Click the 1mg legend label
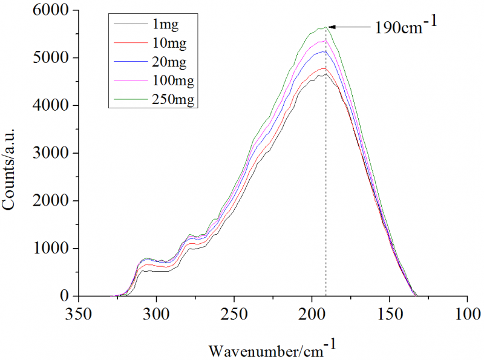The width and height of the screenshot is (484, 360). (165, 25)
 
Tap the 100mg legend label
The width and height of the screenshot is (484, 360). (171, 80)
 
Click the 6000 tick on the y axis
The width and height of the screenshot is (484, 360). (50, 11)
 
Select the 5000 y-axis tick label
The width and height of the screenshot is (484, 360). (50, 58)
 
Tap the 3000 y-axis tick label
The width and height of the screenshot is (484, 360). (50, 154)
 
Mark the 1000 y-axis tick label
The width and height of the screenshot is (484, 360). (50, 249)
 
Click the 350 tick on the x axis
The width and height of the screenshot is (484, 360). (79, 315)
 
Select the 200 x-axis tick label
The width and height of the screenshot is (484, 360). (312, 315)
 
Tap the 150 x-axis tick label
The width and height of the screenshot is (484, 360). (390, 315)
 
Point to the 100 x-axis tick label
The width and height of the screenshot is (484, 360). (467, 315)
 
